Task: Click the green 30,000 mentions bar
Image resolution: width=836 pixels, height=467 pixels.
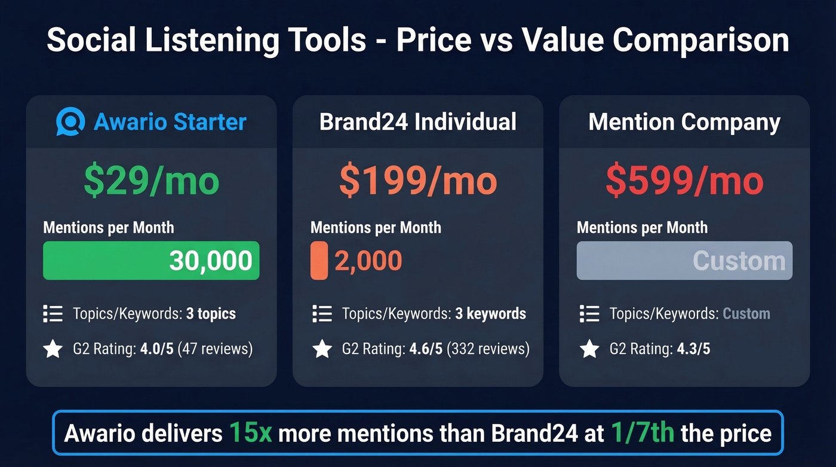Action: [x=151, y=261]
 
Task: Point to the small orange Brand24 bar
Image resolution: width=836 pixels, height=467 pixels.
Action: [x=319, y=261]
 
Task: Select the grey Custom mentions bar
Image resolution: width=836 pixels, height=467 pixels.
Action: [x=684, y=261]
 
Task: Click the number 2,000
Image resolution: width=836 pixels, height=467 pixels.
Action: [x=368, y=261]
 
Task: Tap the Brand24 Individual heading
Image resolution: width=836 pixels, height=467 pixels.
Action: [x=418, y=122]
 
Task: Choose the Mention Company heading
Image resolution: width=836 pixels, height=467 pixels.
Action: [x=684, y=122]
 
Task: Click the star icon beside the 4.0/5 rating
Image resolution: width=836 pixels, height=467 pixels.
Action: [x=53, y=349]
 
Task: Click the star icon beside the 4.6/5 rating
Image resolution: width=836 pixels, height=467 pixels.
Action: [x=322, y=349]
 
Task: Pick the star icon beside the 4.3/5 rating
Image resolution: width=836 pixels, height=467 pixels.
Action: [x=589, y=349]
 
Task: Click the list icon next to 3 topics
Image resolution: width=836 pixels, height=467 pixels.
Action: [x=53, y=313]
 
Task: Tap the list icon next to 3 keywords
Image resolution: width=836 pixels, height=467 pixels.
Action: [x=322, y=313]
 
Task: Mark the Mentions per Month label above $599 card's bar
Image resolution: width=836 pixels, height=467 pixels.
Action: [x=642, y=228]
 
